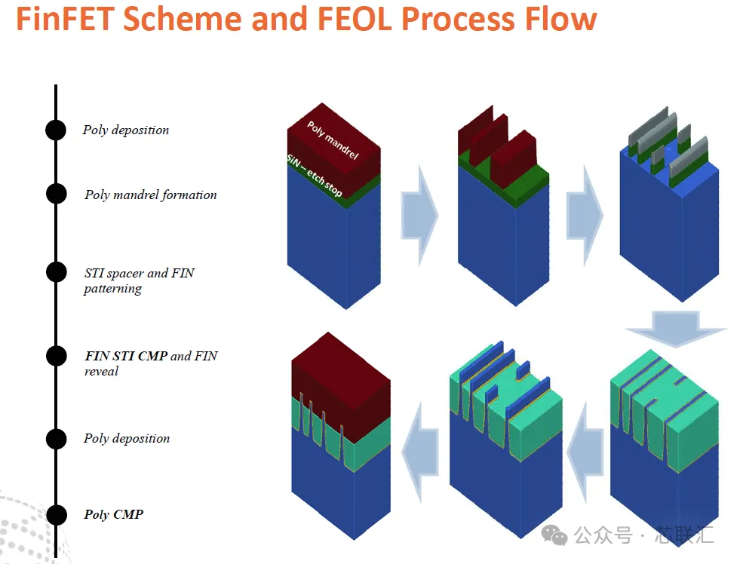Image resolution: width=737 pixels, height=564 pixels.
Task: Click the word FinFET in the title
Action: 66,19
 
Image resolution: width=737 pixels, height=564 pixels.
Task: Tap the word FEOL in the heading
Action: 355,19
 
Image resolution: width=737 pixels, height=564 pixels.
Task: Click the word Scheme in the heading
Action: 183,19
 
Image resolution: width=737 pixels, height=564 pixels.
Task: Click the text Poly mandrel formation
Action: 150,195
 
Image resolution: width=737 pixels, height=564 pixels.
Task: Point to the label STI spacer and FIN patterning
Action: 139,280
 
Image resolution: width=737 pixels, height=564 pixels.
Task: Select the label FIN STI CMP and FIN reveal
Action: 151,363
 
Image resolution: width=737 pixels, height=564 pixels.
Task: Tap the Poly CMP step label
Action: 113,514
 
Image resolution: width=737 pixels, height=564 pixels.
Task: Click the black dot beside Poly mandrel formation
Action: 57,194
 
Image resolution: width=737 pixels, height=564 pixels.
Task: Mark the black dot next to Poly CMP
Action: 57,515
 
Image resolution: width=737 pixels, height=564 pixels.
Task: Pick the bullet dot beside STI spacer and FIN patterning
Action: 57,272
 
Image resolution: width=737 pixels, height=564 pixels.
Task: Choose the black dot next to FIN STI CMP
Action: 57,356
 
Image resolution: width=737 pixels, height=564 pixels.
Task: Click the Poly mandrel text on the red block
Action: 333,140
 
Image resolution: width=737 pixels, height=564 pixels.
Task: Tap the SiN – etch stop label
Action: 314,176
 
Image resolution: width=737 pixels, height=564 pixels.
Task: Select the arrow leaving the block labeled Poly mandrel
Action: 419,216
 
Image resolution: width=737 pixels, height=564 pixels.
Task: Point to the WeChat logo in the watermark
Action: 554,535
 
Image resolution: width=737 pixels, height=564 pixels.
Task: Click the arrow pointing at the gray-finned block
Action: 585,216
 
